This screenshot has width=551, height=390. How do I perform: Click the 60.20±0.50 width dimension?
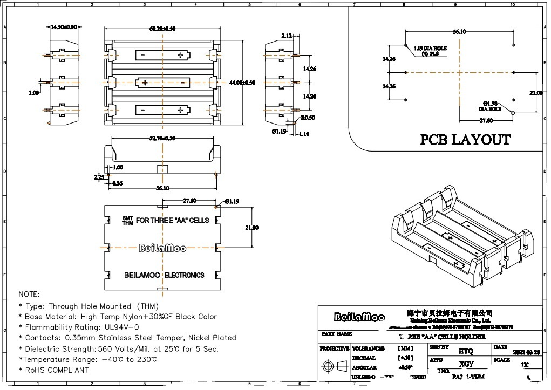coord(162,29)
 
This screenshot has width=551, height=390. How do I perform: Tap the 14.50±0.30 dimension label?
coord(63,27)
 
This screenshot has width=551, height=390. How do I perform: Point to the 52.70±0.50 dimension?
coord(162,139)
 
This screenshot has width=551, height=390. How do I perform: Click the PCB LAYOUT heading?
coord(465,140)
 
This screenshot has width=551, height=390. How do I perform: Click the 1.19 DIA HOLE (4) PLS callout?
coord(431,51)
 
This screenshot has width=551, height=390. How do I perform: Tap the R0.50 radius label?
coord(308,118)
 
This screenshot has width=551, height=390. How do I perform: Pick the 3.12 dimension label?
coord(287,36)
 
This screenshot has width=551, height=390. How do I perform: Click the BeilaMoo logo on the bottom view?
coord(162,248)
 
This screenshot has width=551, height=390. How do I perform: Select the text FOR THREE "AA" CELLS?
coord(172,221)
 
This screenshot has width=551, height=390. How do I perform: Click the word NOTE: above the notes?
coord(29,295)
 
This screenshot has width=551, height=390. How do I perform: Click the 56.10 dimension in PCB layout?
coord(459,32)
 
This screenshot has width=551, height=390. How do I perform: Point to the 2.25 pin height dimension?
coord(99,176)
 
